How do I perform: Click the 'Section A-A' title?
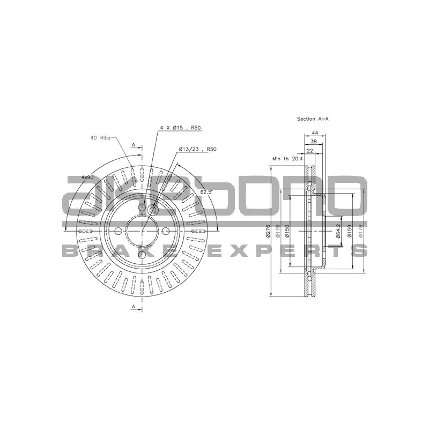tap(312, 118)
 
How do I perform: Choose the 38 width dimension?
tap(314, 142)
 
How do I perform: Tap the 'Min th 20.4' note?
tap(287, 159)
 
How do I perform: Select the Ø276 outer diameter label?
tap(268, 231)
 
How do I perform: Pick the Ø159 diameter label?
tap(350, 231)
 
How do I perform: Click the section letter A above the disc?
tap(134, 145)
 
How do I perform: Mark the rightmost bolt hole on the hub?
tap(166, 231)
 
